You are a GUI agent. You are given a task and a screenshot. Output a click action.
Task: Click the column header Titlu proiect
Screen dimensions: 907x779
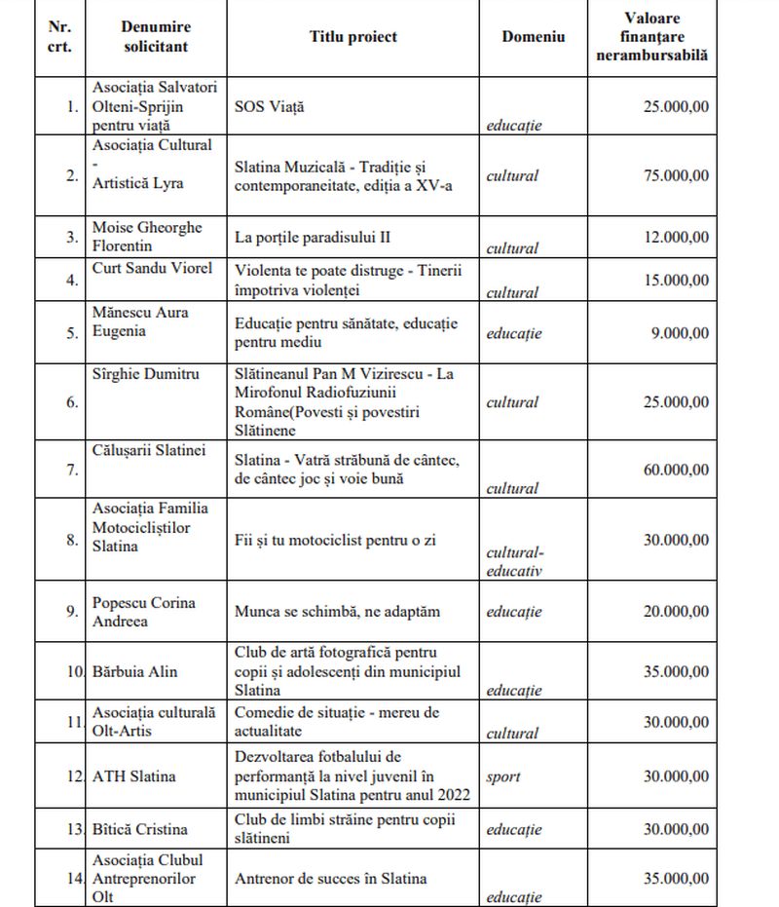point(352,37)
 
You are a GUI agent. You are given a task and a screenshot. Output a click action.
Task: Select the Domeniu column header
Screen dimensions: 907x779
point(533,37)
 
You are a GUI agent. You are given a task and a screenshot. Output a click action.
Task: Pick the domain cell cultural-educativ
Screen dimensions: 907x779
point(514,562)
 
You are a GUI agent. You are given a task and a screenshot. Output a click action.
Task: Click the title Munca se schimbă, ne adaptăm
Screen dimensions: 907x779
point(337,612)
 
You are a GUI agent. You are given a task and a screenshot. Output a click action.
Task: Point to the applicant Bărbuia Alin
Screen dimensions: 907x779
point(137,671)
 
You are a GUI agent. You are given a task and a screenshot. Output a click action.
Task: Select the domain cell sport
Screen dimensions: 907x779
point(503,776)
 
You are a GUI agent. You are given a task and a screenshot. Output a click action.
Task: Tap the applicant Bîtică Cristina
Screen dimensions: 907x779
point(139,829)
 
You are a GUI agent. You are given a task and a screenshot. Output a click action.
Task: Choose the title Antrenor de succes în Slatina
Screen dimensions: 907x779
point(331,878)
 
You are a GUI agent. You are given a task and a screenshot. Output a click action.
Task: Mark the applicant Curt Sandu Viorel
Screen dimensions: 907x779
point(152,268)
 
